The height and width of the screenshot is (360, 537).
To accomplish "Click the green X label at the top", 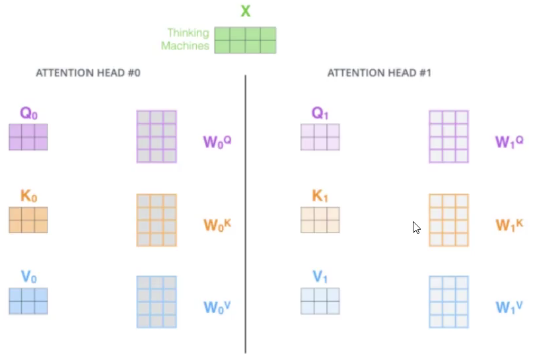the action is [246, 11].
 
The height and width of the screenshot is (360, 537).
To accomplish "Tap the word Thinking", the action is [188, 33].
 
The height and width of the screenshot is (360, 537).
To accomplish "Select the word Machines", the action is [185, 46].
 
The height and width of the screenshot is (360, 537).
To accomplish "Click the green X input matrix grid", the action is [245, 40].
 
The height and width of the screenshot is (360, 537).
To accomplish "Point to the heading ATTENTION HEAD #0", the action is [88, 73].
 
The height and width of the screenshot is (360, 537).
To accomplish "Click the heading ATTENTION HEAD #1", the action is [379, 73].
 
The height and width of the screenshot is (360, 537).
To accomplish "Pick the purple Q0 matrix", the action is [28, 137].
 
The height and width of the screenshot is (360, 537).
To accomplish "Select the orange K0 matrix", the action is [28, 220].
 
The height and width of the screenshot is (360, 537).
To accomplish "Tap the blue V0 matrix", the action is [28, 301].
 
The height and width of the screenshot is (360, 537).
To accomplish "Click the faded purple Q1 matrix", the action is [320, 137].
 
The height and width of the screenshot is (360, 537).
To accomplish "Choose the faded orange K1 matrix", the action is [320, 220].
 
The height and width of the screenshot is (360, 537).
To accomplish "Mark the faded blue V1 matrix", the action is [320, 301].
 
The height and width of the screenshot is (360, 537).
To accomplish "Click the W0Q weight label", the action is [217, 142].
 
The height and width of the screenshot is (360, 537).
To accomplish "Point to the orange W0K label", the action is [217, 225].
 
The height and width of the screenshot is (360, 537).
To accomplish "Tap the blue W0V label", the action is [217, 307].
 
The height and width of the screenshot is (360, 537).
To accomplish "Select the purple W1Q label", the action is [509, 142].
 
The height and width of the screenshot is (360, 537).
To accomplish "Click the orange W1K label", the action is [509, 225].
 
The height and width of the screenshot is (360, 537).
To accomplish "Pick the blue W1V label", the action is [509, 307].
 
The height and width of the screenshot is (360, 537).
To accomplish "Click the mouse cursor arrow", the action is [416, 227].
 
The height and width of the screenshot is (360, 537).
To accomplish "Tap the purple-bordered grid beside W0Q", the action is [157, 136].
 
